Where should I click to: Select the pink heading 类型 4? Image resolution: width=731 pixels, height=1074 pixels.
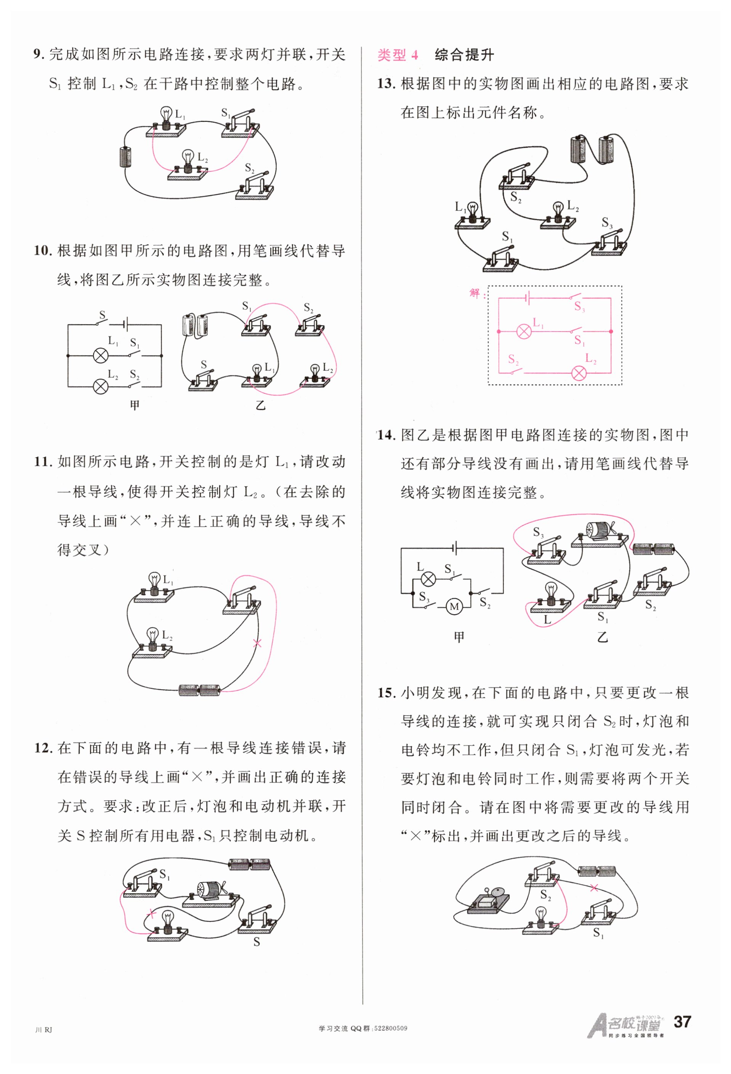coord(398,55)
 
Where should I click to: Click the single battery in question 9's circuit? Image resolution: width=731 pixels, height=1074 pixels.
coord(125,157)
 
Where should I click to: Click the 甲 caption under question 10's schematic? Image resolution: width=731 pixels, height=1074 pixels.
coord(135,405)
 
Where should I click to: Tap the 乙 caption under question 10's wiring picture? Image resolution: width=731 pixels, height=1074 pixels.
coord(261,405)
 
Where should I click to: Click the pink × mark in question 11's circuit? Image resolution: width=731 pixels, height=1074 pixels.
coord(258,643)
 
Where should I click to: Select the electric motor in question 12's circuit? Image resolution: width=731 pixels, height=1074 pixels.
coord(210,888)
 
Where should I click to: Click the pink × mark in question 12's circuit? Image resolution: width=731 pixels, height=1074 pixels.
coord(151,914)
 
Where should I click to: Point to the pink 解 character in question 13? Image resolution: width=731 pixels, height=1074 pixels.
coord(475,293)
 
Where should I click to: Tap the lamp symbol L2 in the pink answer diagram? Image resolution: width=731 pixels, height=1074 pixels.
coord(579,373)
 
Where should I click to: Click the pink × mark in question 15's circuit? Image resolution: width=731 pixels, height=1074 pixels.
coord(594,887)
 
